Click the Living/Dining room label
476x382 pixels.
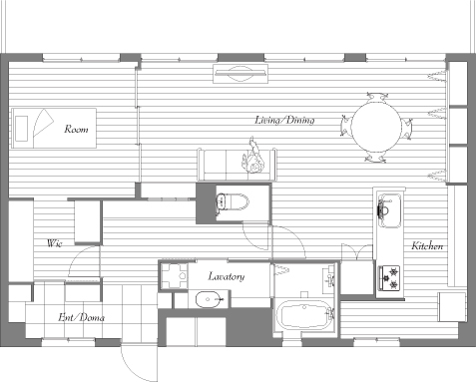(284, 120)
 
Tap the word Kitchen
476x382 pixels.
(427, 246)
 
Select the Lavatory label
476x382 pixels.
(227, 276)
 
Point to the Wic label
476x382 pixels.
(55, 243)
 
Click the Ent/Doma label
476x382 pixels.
(81, 317)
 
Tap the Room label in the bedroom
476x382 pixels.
(77, 129)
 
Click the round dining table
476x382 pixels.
(376, 127)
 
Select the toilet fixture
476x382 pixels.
(233, 201)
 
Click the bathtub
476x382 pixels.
(304, 315)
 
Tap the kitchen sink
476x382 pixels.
(389, 210)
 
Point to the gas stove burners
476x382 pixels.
(389, 277)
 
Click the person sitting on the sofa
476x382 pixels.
(252, 157)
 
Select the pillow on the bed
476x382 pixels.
(21, 129)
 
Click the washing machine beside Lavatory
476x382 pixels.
(174, 276)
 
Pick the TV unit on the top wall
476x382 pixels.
(240, 74)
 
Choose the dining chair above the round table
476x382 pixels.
(377, 97)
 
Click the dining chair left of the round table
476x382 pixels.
(345, 126)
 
